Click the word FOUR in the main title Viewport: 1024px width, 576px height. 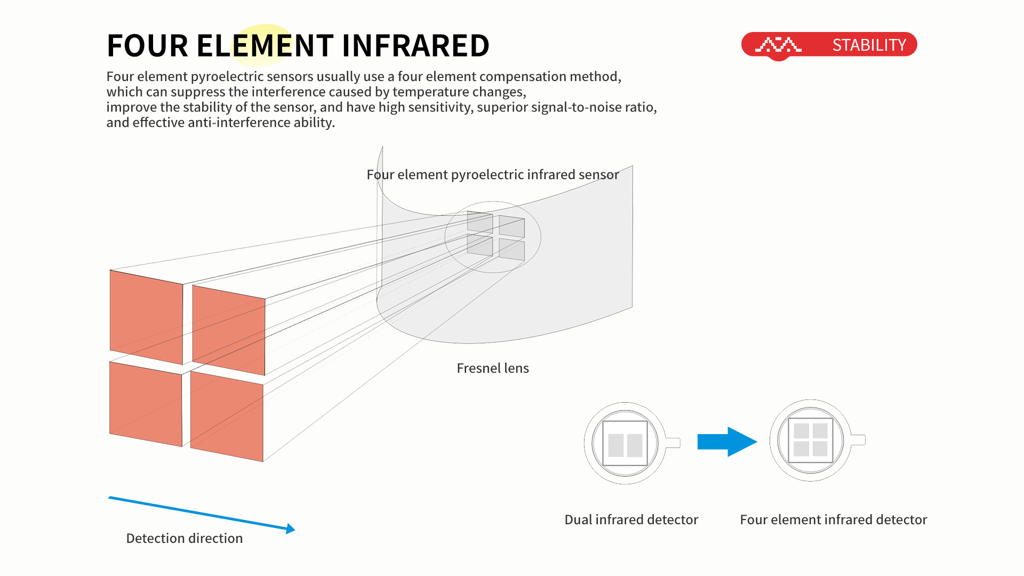[x=148, y=45]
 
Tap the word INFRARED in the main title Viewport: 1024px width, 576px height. [x=415, y=45]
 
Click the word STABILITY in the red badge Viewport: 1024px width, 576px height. [x=869, y=45]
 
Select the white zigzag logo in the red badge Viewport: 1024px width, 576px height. [x=778, y=44]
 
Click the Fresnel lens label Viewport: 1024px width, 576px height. [x=493, y=368]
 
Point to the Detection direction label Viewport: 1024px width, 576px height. [x=185, y=538]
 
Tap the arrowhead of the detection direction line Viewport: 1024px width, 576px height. [x=291, y=529]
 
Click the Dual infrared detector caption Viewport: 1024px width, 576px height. [x=631, y=519]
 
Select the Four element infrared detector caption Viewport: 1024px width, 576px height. [x=834, y=519]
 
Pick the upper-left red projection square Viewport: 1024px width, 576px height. [x=146, y=317]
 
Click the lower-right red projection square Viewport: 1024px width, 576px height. [x=227, y=416]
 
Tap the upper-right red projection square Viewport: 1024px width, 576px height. [x=228, y=330]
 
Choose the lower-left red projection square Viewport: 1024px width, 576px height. [x=146, y=404]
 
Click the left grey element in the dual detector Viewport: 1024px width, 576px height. [x=616, y=445]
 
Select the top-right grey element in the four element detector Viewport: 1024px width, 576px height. [x=820, y=431]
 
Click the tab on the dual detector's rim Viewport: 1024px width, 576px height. [x=673, y=443]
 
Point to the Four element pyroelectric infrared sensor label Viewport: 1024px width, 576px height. [x=493, y=174]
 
